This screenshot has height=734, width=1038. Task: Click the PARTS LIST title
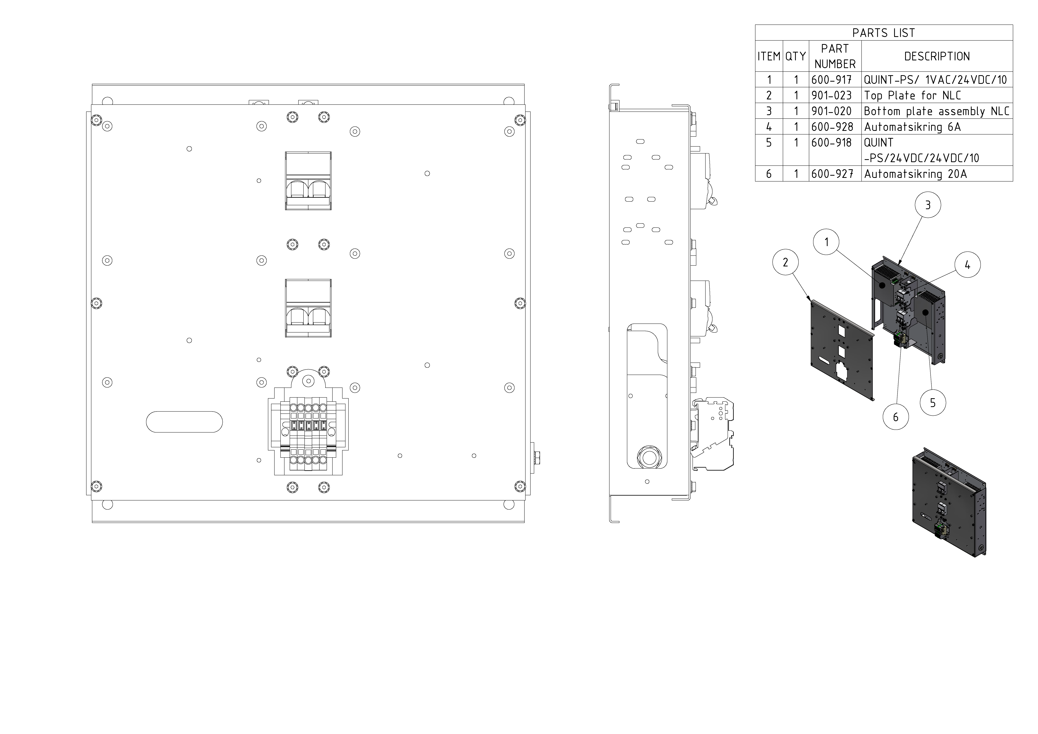883,33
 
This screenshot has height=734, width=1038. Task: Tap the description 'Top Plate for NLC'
912,95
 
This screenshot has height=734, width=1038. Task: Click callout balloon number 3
928,205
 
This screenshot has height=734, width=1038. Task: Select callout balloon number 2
785,262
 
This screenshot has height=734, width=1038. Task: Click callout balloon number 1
826,242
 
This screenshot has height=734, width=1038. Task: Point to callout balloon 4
967,265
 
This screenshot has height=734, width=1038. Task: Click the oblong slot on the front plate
184,422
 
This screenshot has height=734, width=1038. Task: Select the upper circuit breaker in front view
308,181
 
